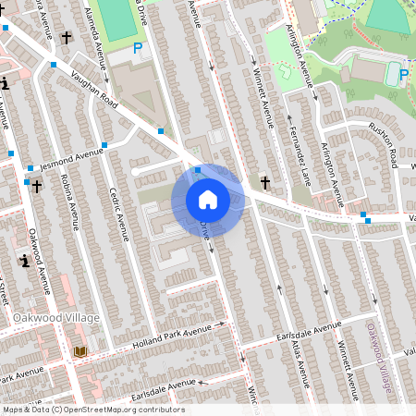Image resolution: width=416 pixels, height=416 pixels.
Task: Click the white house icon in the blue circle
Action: click(x=208, y=199)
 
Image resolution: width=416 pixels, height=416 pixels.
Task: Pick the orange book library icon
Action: click(x=80, y=352)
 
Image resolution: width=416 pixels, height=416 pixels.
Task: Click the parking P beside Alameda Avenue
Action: click(x=138, y=48)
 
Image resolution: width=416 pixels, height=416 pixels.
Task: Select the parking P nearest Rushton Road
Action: click(x=403, y=74)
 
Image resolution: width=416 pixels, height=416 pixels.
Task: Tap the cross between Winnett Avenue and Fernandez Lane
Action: click(x=266, y=182)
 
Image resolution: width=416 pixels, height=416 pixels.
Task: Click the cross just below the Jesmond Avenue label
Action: click(x=36, y=187)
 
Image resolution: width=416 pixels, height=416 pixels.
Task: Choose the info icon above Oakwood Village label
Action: click(x=24, y=261)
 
